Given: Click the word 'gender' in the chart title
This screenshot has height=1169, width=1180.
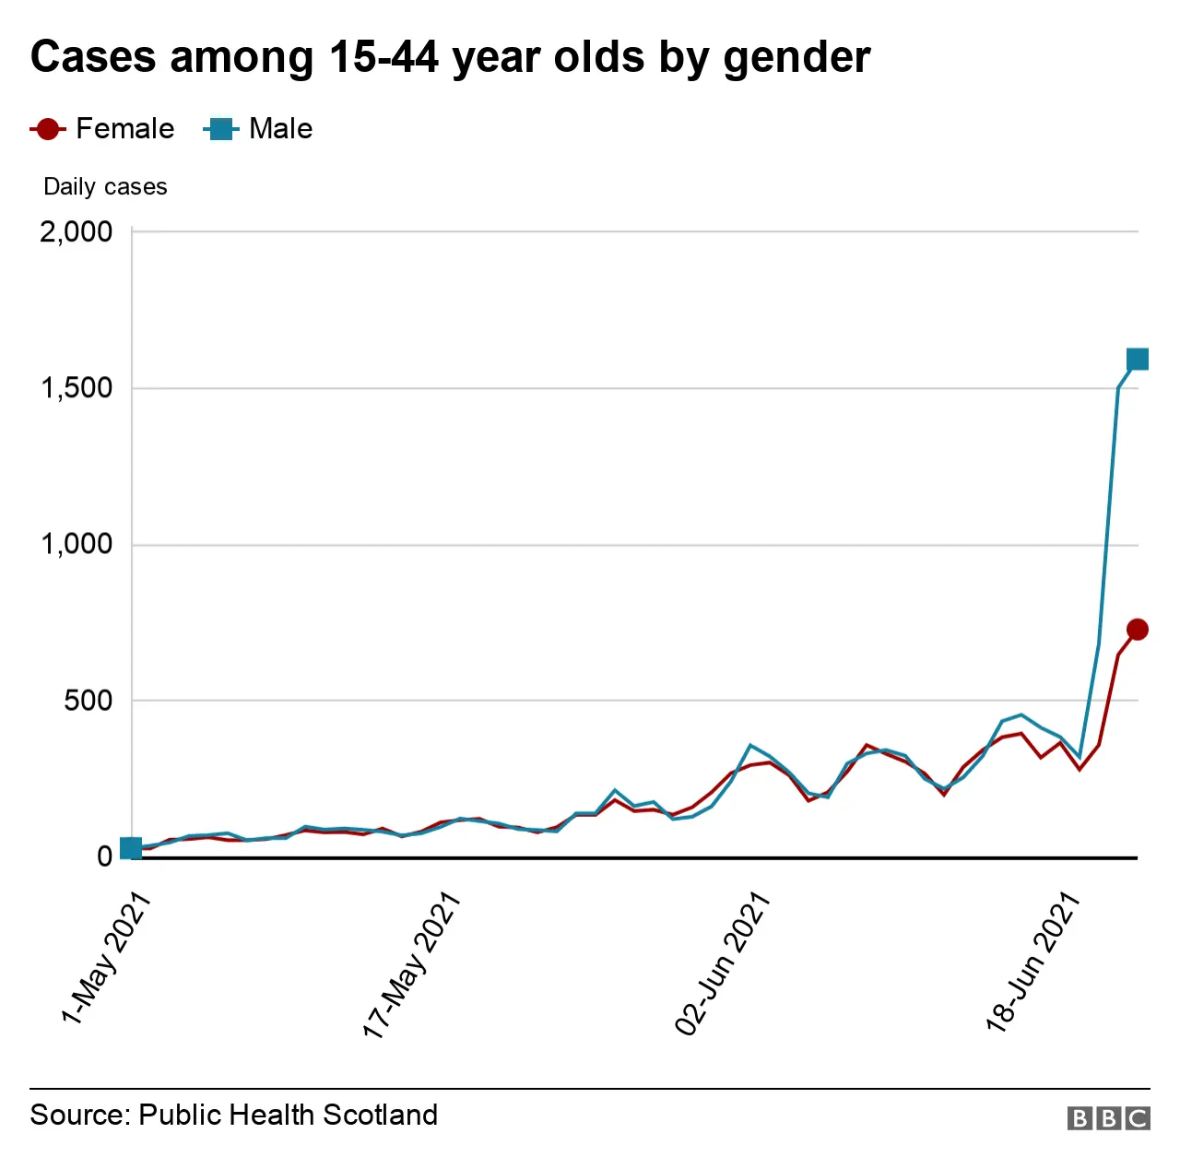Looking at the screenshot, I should [796, 58].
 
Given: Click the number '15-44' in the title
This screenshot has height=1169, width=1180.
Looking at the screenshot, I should [383, 57].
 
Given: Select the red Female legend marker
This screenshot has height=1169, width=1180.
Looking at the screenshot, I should [48, 129].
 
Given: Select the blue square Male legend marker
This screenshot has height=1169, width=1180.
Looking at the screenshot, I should [220, 129].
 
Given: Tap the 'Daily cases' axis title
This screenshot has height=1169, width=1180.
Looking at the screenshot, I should [105, 187].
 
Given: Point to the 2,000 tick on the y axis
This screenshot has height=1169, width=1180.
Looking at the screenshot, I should [76, 231].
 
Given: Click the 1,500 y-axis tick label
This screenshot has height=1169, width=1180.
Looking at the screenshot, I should [76, 388].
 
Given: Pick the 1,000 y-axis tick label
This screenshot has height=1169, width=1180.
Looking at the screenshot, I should [76, 544].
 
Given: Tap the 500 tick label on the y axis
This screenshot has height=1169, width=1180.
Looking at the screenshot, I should [88, 701].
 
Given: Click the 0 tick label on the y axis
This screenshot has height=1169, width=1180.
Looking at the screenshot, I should [104, 856].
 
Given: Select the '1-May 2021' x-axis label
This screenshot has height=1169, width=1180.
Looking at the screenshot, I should [105, 959].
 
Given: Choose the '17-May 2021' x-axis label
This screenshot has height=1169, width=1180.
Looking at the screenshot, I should [411, 965].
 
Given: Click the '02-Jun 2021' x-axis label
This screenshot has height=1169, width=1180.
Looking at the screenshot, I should [722, 964].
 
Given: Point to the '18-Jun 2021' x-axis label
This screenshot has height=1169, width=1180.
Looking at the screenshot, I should [1032, 962].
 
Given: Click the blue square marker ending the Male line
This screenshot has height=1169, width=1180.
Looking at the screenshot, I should [1138, 359].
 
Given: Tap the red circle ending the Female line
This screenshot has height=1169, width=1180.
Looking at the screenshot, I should [1138, 630].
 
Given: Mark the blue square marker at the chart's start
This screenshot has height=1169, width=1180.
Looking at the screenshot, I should [131, 848].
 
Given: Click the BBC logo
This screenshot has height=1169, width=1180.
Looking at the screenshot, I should [1108, 1118].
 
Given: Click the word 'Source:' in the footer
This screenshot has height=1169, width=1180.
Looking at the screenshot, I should [80, 1115].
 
